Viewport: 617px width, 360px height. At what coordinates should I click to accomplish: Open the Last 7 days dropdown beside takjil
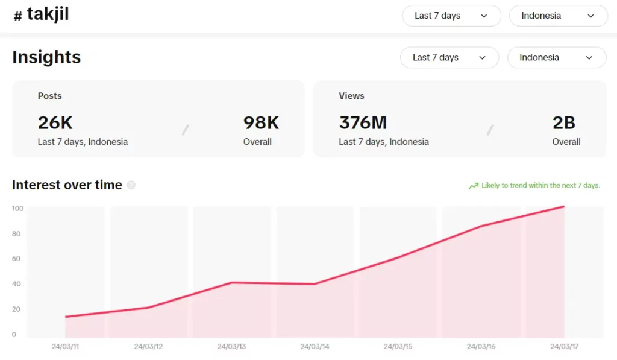pos(451,16)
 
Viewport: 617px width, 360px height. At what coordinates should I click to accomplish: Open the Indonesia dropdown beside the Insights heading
pos(557,57)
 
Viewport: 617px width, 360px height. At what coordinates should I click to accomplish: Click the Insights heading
pos(46,57)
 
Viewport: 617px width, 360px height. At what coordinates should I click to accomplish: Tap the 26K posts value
pos(55,122)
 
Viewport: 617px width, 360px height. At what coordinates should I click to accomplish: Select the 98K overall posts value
pos(261,122)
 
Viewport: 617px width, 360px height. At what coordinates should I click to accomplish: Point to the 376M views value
pos(363,122)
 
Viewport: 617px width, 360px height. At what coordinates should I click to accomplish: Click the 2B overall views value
pos(564,122)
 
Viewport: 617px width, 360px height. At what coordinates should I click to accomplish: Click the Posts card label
pos(49,96)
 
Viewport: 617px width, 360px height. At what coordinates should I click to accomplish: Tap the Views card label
pos(351,96)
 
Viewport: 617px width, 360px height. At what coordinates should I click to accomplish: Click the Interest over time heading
pos(67,185)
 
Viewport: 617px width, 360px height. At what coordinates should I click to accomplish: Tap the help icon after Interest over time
pos(131,185)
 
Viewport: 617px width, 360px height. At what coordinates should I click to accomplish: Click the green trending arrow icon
pos(474,186)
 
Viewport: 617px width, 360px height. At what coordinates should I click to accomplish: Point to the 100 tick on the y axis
pos(17,209)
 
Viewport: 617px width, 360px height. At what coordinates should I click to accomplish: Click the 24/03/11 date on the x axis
pos(65,347)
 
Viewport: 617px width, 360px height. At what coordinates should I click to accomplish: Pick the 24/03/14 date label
pos(315,347)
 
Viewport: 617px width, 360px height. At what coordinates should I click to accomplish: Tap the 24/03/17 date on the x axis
pos(564,347)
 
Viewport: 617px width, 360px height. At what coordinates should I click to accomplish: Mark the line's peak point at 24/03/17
pos(564,207)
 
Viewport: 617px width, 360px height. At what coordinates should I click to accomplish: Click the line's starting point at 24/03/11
pos(65,317)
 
